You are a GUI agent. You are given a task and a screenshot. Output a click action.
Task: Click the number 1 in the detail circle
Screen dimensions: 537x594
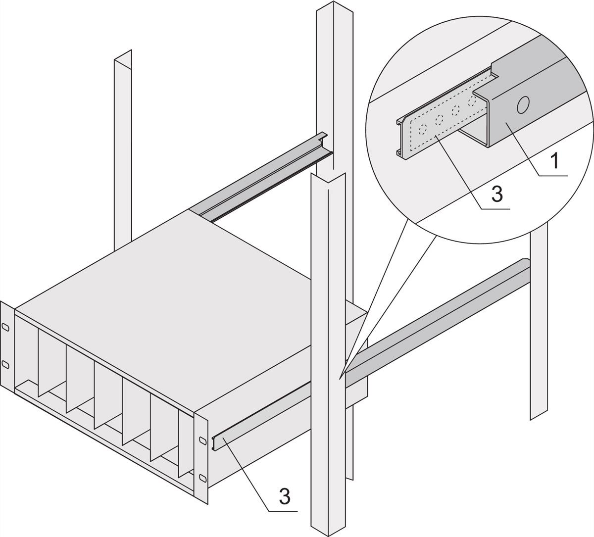click(x=555, y=161)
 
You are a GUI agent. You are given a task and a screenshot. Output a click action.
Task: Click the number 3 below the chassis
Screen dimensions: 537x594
click(x=284, y=496)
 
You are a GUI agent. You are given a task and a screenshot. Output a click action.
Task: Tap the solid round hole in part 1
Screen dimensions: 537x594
click(x=523, y=105)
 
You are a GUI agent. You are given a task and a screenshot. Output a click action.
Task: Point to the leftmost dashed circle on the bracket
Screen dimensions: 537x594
click(x=422, y=130)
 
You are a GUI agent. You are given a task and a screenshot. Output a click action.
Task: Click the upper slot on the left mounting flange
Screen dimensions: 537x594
click(x=6, y=328)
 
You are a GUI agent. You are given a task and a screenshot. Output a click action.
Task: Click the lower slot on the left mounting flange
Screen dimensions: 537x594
click(x=6, y=364)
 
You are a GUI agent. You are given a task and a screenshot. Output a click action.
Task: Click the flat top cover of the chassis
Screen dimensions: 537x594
click(x=188, y=277)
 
